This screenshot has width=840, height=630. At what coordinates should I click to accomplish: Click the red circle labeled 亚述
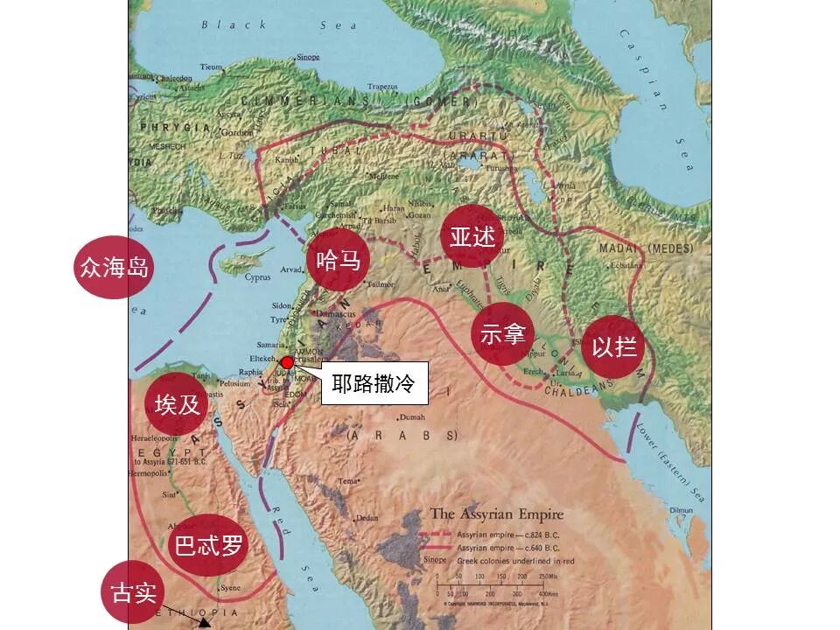(472, 237)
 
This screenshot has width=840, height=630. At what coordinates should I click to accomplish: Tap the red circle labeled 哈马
(339, 260)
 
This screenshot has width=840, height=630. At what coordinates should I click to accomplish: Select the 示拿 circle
(502, 334)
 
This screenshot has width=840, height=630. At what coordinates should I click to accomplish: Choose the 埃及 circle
(178, 404)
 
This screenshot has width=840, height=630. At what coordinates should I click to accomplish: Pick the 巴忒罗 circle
(207, 546)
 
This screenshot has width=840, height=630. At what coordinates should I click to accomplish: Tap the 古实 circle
(134, 592)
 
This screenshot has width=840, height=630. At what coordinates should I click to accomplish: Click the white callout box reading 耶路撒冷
(374, 383)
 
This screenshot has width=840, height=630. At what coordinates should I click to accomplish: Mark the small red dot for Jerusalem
(286, 362)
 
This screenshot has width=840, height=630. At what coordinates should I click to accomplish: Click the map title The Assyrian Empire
(496, 514)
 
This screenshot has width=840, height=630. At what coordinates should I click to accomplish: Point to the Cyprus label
(258, 278)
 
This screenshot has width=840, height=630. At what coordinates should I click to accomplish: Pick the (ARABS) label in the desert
(402, 435)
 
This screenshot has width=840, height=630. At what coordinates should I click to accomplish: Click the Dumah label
(412, 417)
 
